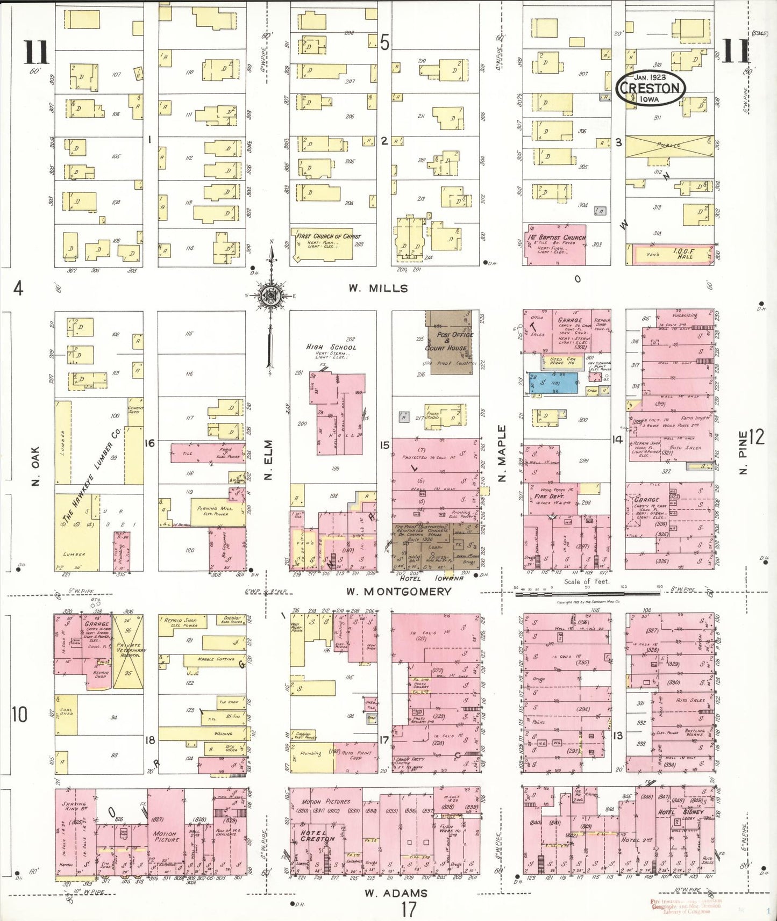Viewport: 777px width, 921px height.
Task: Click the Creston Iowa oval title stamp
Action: coord(650,88)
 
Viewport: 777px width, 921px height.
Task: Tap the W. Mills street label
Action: coord(378,289)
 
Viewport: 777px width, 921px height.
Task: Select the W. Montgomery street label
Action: coord(398,592)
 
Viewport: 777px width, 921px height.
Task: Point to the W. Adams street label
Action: coord(396,893)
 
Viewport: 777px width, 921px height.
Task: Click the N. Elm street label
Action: coord(269,459)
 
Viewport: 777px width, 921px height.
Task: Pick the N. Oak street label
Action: coord(35,466)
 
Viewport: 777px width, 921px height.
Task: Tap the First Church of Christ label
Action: coord(329,236)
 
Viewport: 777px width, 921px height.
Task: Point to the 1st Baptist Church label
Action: coord(562,237)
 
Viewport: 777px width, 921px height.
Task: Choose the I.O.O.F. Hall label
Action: coord(683,254)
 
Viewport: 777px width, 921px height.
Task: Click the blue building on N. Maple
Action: coord(553,384)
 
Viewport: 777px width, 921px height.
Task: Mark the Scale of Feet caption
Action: coord(586,581)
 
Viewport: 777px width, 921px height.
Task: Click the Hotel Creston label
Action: coord(317,836)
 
